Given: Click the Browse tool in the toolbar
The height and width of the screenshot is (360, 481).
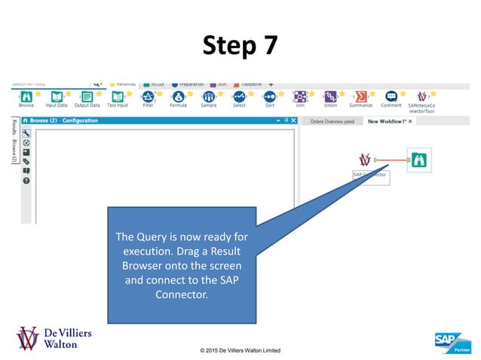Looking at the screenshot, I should [26, 97].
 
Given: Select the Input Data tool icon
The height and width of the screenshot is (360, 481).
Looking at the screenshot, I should [57, 97].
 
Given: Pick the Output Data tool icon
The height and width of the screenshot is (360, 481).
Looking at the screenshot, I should [87, 97].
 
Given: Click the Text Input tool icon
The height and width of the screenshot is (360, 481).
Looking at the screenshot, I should [117, 97].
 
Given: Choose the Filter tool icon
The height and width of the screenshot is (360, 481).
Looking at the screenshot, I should [149, 97].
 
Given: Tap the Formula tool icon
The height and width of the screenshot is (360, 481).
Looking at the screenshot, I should [178, 97].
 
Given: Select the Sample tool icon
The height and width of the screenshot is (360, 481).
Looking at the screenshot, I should [209, 97].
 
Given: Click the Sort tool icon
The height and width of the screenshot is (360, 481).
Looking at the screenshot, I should [269, 97].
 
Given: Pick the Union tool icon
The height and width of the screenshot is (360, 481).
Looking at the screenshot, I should [330, 97].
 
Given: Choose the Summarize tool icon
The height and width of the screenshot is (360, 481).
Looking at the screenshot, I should [360, 97].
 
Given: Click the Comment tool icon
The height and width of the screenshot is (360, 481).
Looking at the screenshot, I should [391, 97].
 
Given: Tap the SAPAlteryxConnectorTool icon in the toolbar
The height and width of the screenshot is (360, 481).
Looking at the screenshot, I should [421, 97].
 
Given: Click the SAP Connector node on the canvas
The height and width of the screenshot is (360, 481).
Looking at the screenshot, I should [366, 160].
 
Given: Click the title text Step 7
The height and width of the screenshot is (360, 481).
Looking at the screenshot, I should [240, 46].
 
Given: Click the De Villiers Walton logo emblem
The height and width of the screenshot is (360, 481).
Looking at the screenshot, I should [29, 338].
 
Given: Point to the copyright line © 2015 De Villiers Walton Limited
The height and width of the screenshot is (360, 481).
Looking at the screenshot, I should [240, 351].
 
